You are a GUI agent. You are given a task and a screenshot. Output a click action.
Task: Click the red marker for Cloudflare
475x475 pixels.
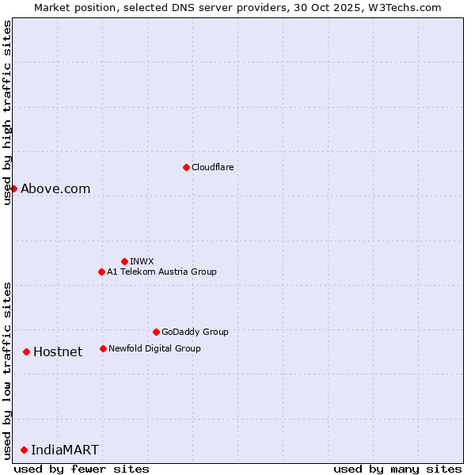[186, 167]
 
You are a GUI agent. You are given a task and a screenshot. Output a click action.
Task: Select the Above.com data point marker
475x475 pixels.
[13, 188]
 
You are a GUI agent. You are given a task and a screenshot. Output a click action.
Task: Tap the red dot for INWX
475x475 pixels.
[124, 261]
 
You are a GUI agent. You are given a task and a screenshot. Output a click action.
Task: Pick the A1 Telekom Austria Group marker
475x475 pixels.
[101, 272]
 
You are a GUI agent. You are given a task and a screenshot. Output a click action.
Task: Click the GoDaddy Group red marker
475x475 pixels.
[156, 332]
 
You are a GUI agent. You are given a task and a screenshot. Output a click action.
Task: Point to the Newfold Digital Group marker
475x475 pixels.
[103, 348]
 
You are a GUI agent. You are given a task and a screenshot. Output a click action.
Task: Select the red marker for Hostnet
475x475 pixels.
[26, 351]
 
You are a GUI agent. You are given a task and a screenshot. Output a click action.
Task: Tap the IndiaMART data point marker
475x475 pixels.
[24, 450]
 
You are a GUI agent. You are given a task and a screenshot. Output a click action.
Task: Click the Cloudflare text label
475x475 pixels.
[213, 167]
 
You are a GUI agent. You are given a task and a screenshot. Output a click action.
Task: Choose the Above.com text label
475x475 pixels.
[55, 188]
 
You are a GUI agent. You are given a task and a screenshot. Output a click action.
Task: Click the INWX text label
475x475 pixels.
[142, 261]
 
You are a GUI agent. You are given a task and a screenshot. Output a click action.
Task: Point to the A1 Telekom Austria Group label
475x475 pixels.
[161, 272]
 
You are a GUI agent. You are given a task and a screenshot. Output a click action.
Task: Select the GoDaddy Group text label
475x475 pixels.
[195, 332]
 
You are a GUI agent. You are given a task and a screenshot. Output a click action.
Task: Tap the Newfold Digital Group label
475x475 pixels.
[154, 348]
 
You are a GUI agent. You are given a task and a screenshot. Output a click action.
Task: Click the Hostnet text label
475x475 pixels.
[58, 351]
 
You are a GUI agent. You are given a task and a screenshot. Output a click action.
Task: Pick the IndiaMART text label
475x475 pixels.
[65, 450]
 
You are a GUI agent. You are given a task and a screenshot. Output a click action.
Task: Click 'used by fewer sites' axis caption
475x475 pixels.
[82, 469]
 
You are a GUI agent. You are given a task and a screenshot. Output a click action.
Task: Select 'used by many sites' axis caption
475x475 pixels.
[397, 469]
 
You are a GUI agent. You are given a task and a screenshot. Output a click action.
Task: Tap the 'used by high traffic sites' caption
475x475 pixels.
[7, 112]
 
